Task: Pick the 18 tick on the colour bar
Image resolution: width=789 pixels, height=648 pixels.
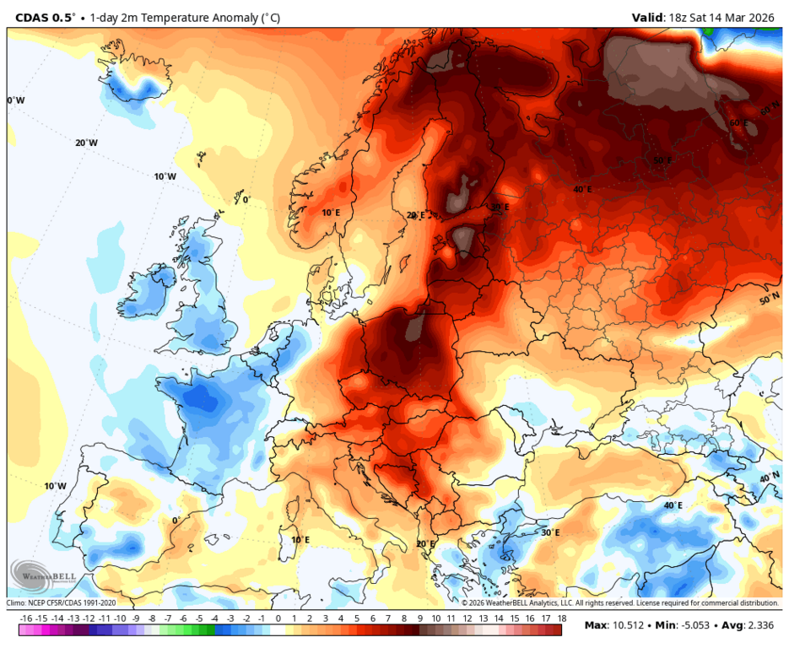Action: [x=560, y=618]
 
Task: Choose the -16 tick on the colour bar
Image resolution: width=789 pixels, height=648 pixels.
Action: [x=26, y=618]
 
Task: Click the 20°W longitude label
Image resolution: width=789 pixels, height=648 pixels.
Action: [x=86, y=143]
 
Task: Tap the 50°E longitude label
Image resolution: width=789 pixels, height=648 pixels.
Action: [x=662, y=160]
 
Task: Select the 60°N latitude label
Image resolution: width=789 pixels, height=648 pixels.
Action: [x=770, y=111]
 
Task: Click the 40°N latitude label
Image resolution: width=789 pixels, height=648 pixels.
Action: [x=769, y=478]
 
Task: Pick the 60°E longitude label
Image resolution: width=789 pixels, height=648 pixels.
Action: [x=738, y=123]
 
